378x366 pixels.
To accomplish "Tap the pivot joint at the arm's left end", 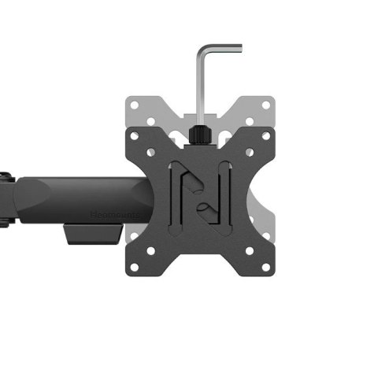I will pos(6,201).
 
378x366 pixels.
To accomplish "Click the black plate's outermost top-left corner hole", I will pos(134,135).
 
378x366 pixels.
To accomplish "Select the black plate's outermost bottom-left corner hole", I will pos(134,268).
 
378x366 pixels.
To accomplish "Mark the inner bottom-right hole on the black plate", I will pos(249,251).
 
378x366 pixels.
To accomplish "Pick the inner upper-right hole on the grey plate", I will pos(249,122).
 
